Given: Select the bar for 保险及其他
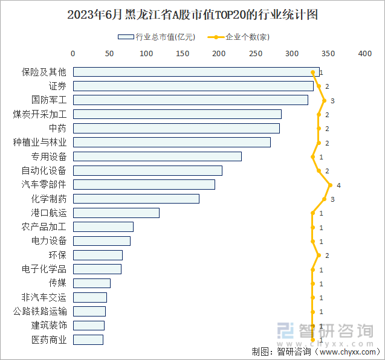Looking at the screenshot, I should click(x=196, y=72).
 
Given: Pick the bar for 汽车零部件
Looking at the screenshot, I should click(x=144, y=185).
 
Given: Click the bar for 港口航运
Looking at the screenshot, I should click(x=116, y=213).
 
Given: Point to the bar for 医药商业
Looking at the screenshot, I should click(x=88, y=339).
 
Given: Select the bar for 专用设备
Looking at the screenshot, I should click(x=157, y=156).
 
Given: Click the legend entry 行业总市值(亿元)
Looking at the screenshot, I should click(x=157, y=37).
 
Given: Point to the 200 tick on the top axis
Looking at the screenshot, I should click(x=219, y=54).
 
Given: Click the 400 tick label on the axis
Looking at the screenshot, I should click(x=364, y=54).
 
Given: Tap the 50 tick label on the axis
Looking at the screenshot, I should click(x=109, y=54).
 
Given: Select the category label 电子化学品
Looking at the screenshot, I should click(x=44, y=269).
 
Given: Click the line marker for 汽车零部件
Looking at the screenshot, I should click(x=330, y=185).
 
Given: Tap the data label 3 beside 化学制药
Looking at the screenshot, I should click(x=332, y=199).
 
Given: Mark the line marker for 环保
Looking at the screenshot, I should click(x=319, y=255).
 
